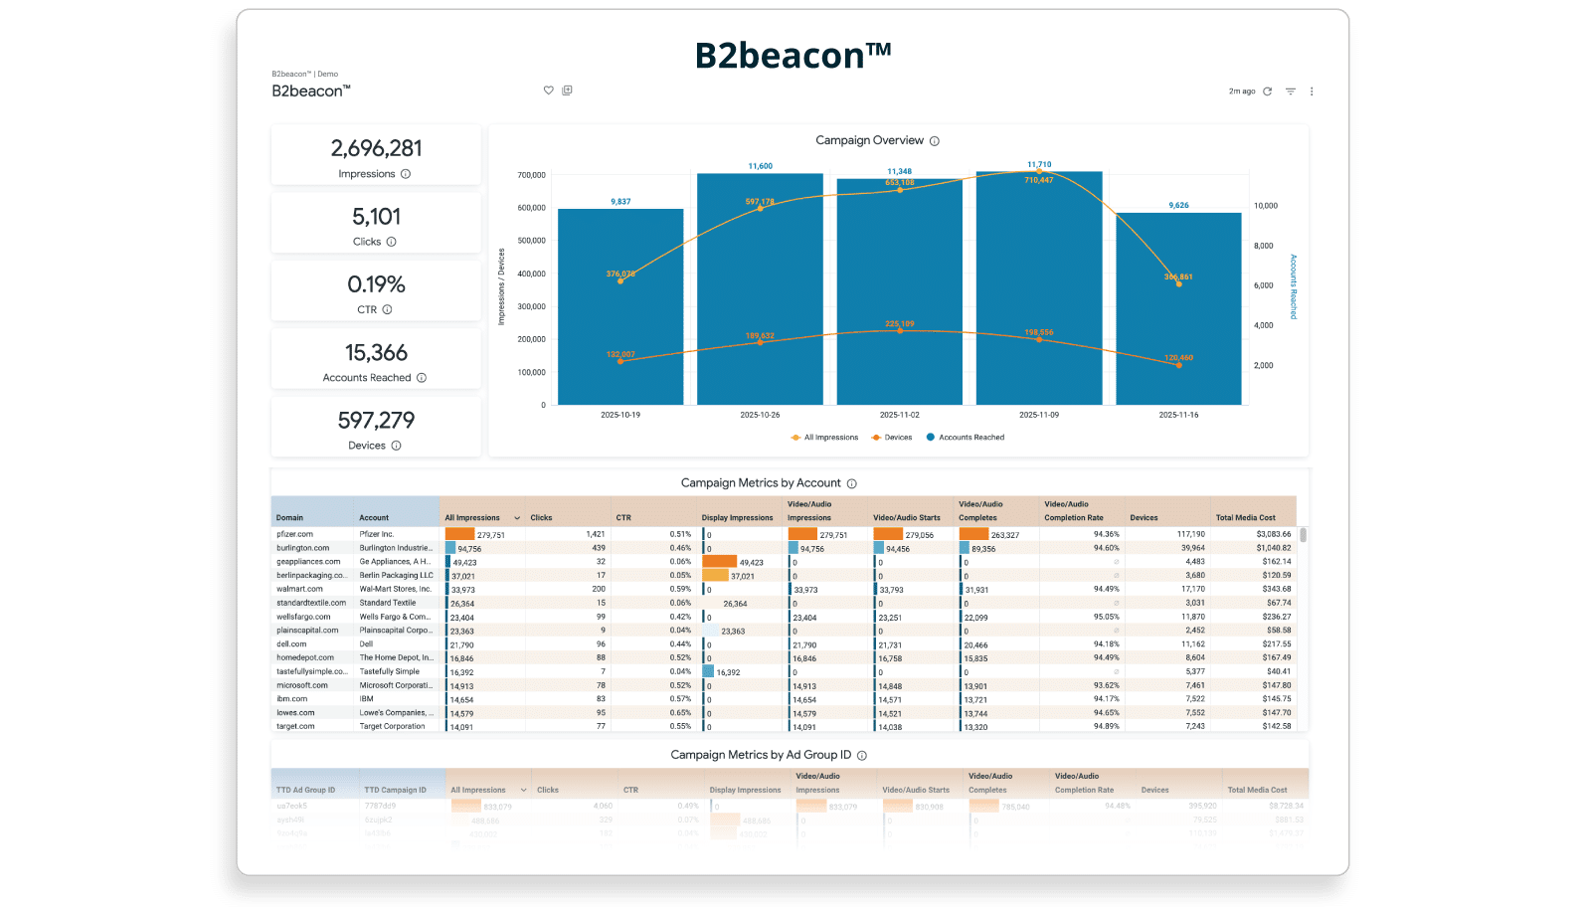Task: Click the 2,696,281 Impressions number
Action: click(376, 148)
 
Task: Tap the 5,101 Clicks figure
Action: click(376, 217)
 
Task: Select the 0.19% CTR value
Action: click(376, 284)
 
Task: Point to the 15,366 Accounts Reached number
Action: click(376, 353)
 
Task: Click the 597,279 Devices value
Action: click(376, 421)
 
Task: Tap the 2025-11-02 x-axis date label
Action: click(899, 415)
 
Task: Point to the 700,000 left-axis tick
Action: click(531, 175)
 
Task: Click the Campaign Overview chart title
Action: click(869, 140)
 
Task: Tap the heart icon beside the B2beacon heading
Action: click(548, 91)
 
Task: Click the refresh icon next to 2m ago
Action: click(1267, 91)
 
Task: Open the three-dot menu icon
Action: click(1312, 91)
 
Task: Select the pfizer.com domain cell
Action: click(294, 534)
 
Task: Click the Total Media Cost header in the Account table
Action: click(1245, 517)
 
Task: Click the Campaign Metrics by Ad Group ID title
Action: click(761, 755)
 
